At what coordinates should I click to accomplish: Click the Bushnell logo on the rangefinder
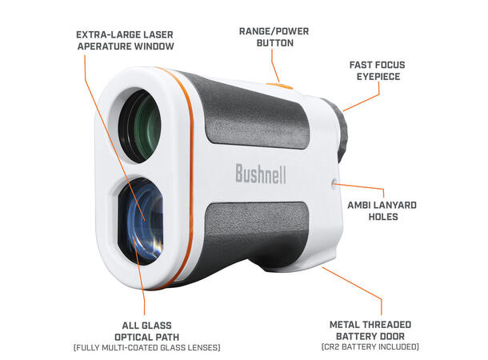261,174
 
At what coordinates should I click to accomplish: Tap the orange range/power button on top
279,86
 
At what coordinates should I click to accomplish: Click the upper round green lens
140,126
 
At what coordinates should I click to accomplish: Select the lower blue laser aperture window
141,221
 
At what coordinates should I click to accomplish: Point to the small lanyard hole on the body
334,183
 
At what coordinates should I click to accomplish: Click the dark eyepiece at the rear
337,130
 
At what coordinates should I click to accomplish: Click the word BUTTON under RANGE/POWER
275,43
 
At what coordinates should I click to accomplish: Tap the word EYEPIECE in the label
378,77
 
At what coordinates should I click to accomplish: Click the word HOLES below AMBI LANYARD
383,217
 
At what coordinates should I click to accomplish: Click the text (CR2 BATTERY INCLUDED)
370,346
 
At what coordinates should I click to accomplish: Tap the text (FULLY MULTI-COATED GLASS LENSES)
147,347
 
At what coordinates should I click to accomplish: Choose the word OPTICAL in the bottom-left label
133,337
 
